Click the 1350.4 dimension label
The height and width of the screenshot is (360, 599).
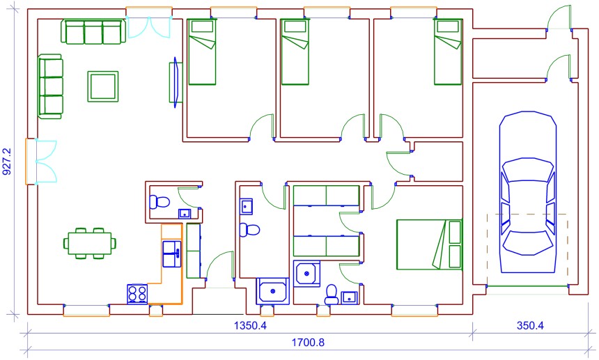(250, 326)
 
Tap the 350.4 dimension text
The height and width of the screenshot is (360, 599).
(530, 326)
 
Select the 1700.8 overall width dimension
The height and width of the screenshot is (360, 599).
(308, 343)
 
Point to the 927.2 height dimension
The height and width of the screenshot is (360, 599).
(7, 162)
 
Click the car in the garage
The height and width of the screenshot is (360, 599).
(527, 192)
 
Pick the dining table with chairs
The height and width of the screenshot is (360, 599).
(90, 243)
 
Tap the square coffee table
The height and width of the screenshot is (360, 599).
(103, 86)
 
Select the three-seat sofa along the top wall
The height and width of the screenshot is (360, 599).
(93, 32)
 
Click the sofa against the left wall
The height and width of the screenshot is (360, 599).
(50, 86)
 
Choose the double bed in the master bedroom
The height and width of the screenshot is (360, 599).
(429, 244)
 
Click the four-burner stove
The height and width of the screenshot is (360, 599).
(137, 294)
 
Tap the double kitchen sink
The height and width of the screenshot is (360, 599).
(172, 253)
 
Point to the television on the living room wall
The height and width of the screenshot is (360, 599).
(176, 82)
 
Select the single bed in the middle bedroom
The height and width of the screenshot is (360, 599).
(295, 52)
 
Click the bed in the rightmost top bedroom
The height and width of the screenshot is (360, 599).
(448, 52)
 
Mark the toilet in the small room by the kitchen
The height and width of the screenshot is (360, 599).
(159, 201)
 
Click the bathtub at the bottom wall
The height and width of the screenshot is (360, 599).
(272, 291)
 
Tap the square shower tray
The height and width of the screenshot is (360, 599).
(306, 274)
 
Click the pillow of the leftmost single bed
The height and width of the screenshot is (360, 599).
(202, 26)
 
